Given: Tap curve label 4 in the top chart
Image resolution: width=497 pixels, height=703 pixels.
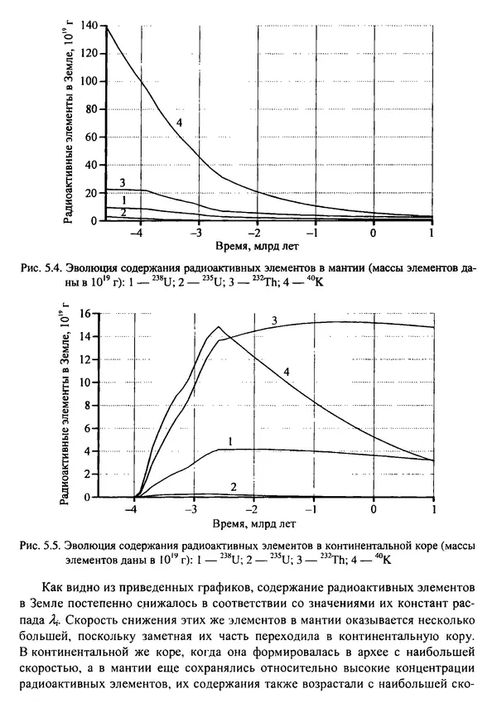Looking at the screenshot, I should tap(178, 123).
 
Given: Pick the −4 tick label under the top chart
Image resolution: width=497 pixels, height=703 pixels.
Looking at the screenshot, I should tap(138, 233).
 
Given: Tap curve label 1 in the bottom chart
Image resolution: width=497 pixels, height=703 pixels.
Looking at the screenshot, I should tap(230, 441).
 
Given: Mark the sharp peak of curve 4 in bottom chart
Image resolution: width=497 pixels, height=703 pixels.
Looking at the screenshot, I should tap(220, 327).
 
